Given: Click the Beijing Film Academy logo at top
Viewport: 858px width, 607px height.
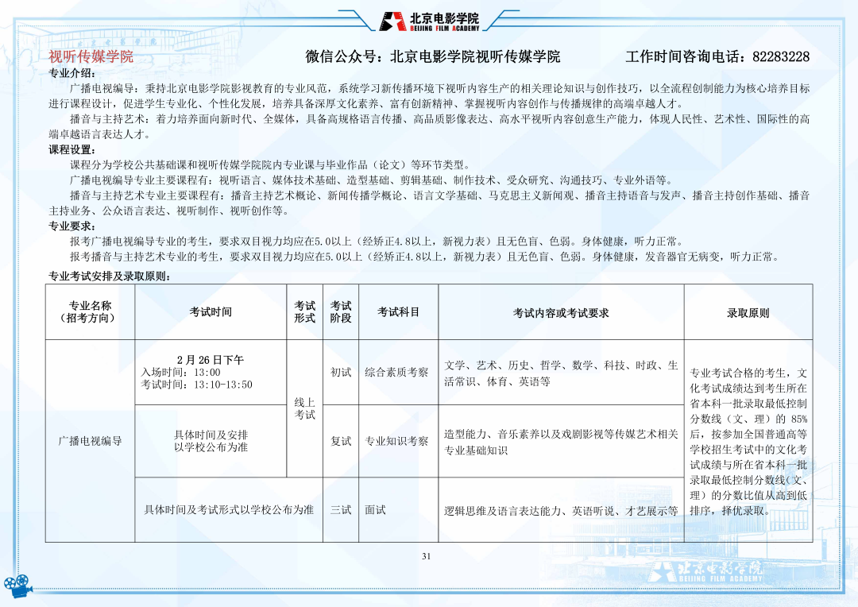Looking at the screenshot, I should click(429, 21).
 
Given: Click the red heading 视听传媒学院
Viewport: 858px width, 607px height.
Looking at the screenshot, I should click(91, 57).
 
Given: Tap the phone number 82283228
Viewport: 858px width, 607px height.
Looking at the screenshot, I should click(780, 57).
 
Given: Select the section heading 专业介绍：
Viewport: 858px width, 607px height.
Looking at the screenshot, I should click(72, 73).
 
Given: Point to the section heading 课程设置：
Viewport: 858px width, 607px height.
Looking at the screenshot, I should click(72, 149).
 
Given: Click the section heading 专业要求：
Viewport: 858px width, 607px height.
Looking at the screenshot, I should click(72, 226).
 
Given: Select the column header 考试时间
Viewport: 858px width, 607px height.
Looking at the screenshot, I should click(211, 312).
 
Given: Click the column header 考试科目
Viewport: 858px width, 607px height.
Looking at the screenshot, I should click(398, 312).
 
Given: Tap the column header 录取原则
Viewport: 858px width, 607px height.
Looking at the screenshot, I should click(748, 313).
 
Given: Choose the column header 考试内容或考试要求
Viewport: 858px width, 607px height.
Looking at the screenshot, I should click(561, 313).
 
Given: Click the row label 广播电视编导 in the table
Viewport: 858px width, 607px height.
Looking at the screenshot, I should click(90, 441).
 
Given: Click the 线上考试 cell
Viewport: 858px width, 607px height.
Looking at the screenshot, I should click(305, 409).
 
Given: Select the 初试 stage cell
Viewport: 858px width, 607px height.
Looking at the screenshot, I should click(341, 372).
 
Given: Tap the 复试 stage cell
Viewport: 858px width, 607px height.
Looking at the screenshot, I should click(341, 441).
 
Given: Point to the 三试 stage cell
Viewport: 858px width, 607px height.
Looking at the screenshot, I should click(341, 510).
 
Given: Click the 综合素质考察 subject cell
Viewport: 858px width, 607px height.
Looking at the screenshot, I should click(396, 372).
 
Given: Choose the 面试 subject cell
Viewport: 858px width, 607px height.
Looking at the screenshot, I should click(375, 510).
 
